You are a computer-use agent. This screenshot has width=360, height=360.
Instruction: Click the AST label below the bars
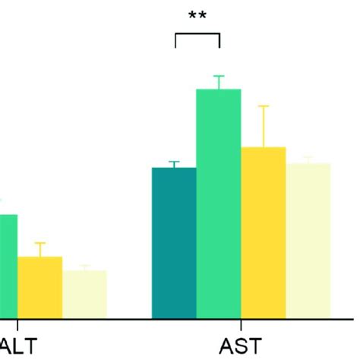click(239, 346)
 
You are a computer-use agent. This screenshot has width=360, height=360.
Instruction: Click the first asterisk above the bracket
click(193, 15)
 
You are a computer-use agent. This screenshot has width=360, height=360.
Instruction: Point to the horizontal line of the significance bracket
click(197, 33)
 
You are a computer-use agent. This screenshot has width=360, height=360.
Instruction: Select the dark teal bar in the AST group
click(174, 243)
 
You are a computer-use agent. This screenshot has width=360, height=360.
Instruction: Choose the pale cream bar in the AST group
click(308, 241)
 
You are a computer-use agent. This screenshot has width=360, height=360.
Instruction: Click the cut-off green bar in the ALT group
click(8, 266)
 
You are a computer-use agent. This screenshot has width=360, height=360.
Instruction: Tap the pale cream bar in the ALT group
click(84, 294)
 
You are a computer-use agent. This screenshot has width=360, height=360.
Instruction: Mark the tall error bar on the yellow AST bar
click(264, 125)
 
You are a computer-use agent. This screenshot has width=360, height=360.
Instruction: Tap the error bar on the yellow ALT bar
click(39, 249)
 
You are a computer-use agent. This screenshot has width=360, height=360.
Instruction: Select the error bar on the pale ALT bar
click(84, 267)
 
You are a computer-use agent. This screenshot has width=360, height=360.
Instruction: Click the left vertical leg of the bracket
click(175, 40)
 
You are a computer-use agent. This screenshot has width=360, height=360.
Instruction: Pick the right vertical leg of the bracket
click(219, 40)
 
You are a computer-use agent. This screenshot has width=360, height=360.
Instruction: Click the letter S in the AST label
click(239, 346)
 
